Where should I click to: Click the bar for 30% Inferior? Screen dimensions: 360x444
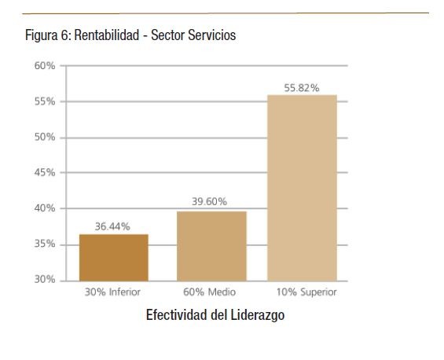pos(113,257)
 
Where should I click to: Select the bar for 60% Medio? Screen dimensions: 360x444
pos(211,245)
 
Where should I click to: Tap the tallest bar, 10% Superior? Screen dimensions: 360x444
pos(302,187)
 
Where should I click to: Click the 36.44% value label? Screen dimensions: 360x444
pos(113,226)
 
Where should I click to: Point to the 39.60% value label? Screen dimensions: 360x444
pos(211,202)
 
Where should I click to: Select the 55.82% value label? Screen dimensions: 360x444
pos(302,88)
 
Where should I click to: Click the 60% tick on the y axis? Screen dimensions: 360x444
pos(44,66)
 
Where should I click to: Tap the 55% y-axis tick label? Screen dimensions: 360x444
pos(44,101)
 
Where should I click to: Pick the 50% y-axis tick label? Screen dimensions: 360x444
pos(44,138)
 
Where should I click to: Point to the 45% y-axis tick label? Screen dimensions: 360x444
pos(44,173)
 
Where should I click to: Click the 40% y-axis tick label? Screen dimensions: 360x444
pos(44,208)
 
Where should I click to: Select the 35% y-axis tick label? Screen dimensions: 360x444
pos(44,244)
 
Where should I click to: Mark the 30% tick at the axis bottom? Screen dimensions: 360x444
pos(44,280)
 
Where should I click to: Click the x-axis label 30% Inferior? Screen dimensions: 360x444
pos(113,292)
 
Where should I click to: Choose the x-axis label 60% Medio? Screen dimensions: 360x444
pos(210,292)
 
